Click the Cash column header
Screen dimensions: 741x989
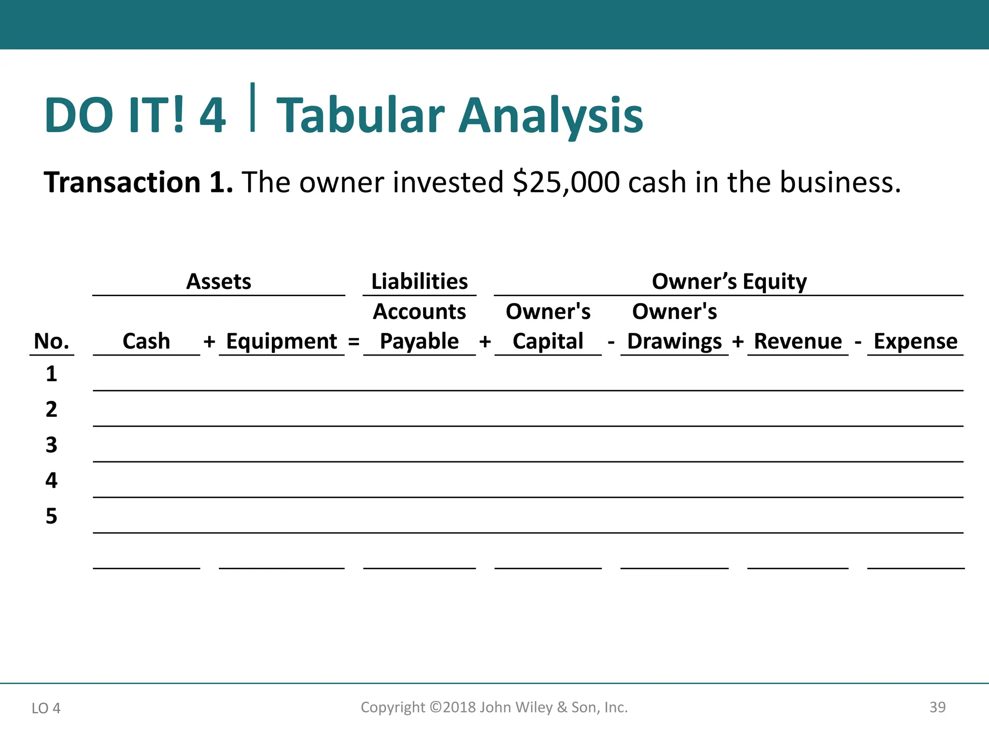pos(146,342)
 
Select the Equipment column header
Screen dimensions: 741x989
pos(282,342)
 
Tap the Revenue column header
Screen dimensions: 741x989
pos(798,342)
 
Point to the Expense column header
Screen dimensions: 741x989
pos(916,342)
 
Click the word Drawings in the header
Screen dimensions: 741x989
pos(674,342)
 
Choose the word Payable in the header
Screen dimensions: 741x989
pos(419,342)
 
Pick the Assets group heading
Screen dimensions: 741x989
pos(219,281)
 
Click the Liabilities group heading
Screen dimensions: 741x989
pos(419,281)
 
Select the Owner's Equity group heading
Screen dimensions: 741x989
pos(729,281)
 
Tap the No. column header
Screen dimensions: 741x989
pos(51,342)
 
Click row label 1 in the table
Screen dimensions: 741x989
pos(51,374)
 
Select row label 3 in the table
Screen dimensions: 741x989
pos(51,445)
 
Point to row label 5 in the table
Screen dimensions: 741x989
pos(51,516)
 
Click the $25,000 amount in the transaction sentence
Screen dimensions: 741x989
pos(566,183)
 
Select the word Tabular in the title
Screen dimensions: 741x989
pos(360,116)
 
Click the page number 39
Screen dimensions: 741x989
pos(937,707)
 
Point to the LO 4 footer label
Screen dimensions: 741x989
pos(46,708)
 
